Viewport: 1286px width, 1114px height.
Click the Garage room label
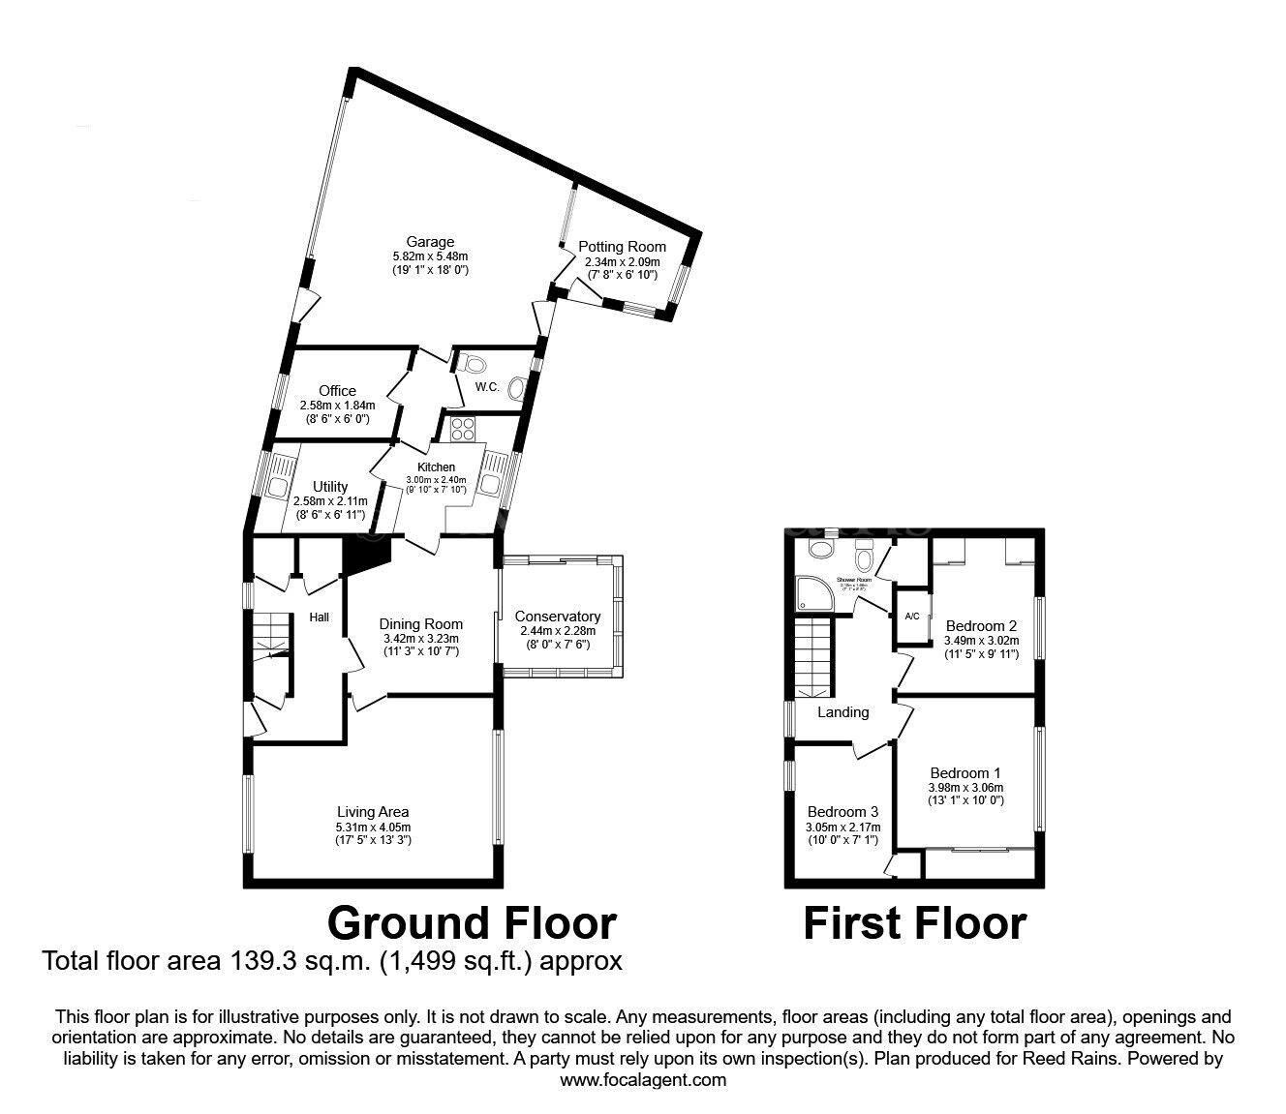tap(430, 242)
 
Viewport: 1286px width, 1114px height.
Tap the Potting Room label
tap(622, 247)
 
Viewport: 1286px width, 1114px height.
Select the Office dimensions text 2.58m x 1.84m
tap(336, 406)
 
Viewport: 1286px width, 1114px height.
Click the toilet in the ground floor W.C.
tap(475, 364)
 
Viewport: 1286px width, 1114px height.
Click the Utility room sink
tap(278, 486)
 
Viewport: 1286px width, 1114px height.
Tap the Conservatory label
tap(557, 617)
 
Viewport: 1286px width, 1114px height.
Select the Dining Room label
tap(420, 624)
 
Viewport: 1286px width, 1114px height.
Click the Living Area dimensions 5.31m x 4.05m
tap(373, 828)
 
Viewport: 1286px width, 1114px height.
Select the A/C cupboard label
tap(911, 617)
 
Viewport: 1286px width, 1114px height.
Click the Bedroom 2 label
tap(980, 625)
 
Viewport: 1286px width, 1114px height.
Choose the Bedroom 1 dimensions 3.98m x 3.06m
tap(964, 788)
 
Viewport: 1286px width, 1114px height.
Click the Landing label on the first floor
tap(842, 712)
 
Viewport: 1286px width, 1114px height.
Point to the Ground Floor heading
tap(472, 922)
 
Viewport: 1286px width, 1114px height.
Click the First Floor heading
tap(914, 922)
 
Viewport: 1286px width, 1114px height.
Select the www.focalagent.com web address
tap(643, 1080)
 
